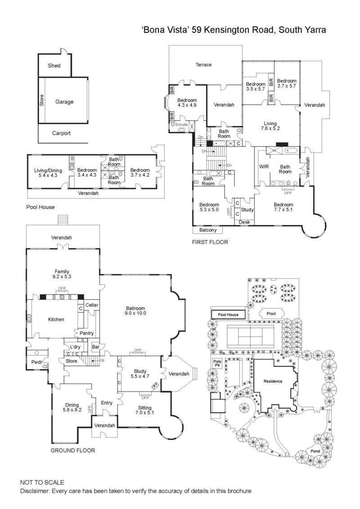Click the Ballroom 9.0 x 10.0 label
tap(136, 311)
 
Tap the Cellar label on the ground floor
tap(92, 305)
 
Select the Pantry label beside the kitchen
tap(86, 333)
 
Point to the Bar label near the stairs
tap(95, 347)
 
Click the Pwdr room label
tap(36, 362)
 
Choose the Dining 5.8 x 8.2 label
tap(72, 407)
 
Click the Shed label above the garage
tap(54, 66)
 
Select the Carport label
tap(61, 133)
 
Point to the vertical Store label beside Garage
tap(42, 100)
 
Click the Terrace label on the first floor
tap(203, 65)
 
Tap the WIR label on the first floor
tap(264, 167)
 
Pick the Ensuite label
tap(181, 124)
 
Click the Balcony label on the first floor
tap(208, 230)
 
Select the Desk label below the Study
tap(244, 222)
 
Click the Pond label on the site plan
tap(316, 451)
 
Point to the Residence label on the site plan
tap(273, 381)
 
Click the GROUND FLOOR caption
tap(72, 450)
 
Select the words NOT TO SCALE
tap(42, 482)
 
